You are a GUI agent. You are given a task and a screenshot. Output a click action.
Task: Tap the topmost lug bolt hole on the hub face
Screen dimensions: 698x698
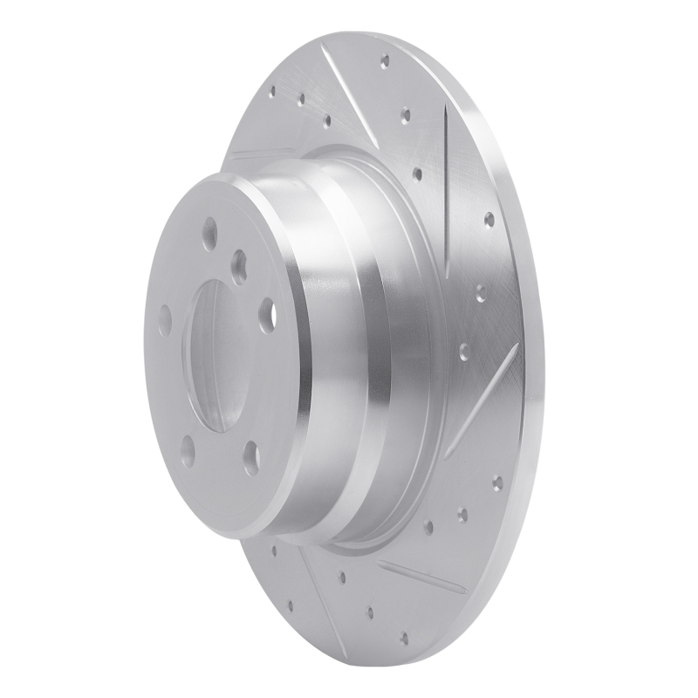click(x=209, y=233)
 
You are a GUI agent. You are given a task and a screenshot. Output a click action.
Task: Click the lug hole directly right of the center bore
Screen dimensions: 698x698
click(x=267, y=313)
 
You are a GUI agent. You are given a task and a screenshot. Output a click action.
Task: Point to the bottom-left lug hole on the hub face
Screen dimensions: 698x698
click(x=188, y=448)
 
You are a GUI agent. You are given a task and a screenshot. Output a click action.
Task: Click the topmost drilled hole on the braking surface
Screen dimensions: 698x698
click(x=385, y=60)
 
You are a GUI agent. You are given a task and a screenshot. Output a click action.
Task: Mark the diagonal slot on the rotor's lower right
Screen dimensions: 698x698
click(x=483, y=397)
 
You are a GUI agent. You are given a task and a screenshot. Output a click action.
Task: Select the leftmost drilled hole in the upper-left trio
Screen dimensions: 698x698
click(x=272, y=90)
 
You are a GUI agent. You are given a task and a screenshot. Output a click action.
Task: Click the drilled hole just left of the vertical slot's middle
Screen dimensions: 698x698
click(x=417, y=174)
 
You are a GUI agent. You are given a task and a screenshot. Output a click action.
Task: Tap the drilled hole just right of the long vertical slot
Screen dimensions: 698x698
click(x=489, y=218)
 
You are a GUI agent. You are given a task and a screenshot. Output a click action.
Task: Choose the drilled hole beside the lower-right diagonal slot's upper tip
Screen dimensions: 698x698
click(x=464, y=351)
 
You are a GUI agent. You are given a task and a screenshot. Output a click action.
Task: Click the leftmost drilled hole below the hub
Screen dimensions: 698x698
click(x=274, y=551)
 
